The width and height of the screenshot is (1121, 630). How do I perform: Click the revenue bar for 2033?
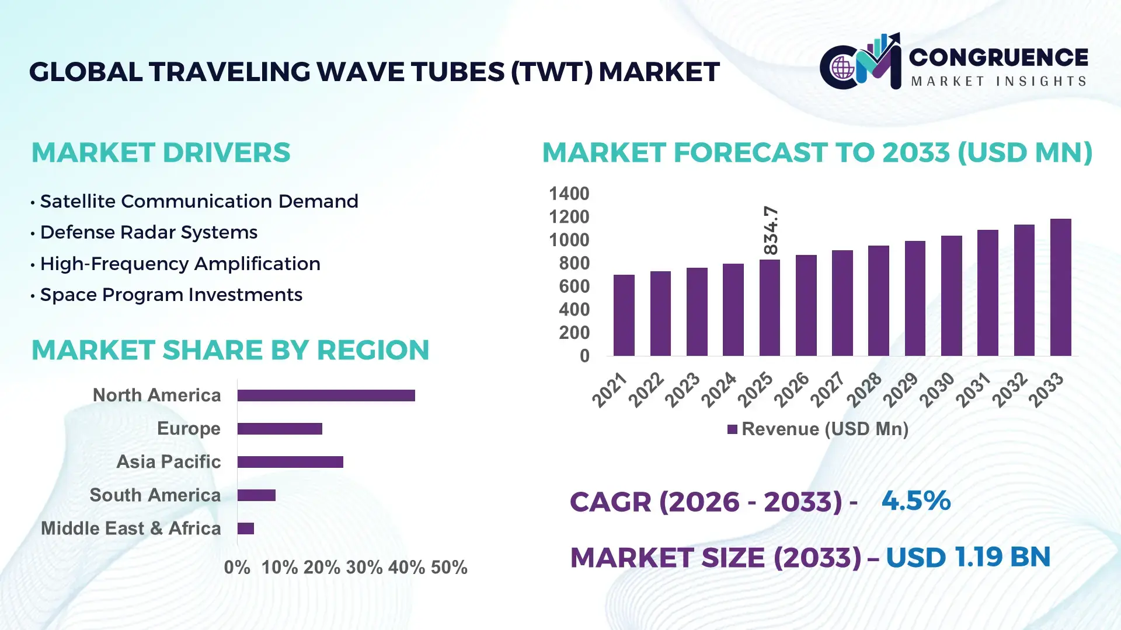1060,287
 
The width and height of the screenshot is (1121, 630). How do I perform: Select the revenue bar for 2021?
624,315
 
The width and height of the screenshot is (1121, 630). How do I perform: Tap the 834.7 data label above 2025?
771,230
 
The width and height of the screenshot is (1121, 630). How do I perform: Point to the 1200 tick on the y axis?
569,217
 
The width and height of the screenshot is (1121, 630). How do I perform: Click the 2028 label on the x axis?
864,390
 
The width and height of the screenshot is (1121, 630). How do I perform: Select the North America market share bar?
326,395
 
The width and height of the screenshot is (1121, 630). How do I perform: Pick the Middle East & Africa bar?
246,528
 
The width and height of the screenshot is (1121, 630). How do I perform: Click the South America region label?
155,495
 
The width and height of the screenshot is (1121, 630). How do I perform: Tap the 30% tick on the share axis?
364,568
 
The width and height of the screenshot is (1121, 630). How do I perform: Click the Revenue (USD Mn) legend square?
732,429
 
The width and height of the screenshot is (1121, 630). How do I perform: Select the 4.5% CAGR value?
915,501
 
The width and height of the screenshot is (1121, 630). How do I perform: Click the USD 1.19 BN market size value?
967,557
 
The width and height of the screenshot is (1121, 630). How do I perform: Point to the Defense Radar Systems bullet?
148,232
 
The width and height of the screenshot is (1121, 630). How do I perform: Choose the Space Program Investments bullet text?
170,295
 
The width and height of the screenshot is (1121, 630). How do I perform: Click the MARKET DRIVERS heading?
161,153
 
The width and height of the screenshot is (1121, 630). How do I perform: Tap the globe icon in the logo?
843,68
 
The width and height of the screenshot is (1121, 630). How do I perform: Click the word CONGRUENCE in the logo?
998,57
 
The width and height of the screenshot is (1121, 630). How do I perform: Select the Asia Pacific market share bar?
290,462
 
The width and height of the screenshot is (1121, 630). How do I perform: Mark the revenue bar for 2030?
951,296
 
